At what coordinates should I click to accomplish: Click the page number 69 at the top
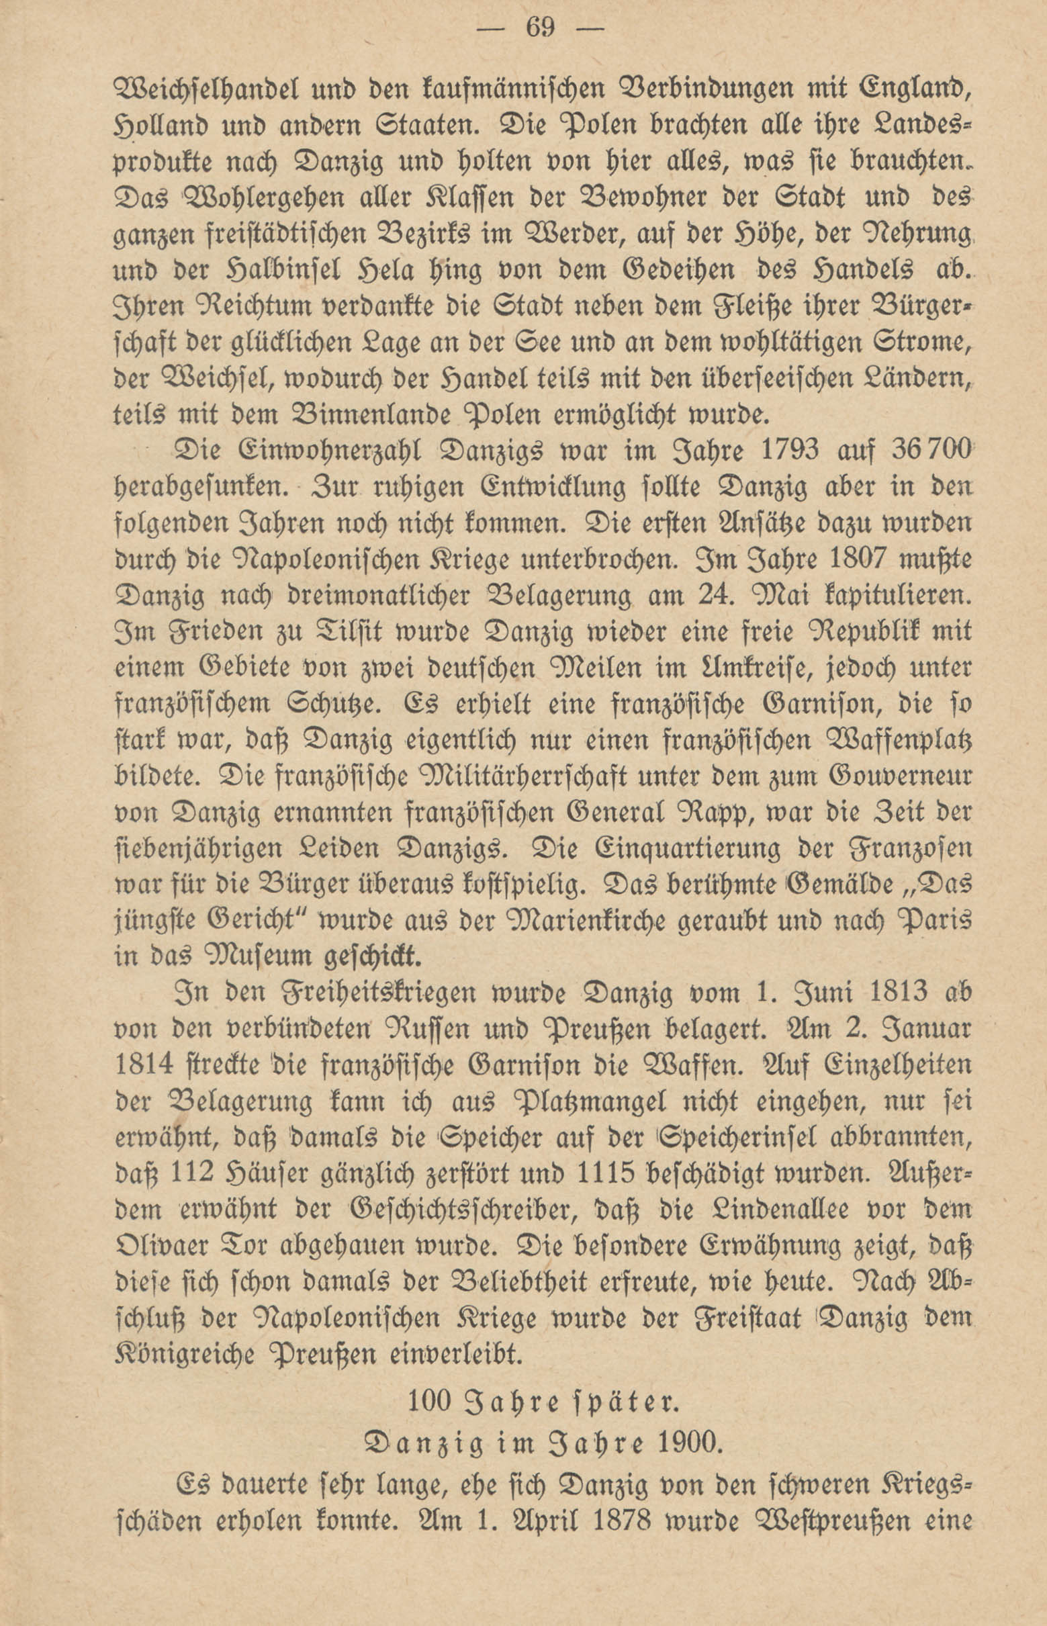pyautogui.click(x=541, y=30)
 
